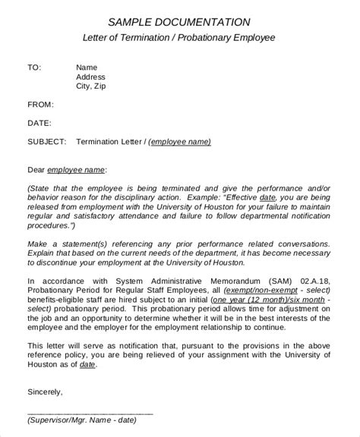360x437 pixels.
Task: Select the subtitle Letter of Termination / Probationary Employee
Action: pyautogui.click(x=178, y=38)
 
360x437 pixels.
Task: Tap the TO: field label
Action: pyautogui.click(x=34, y=67)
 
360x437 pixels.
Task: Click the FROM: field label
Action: pyautogui.click(x=40, y=104)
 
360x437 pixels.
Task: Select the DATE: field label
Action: pyautogui.click(x=39, y=122)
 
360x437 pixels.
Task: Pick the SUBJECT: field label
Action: pyautogui.click(x=47, y=141)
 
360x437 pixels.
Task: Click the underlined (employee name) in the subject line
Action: pyautogui.click(x=179, y=141)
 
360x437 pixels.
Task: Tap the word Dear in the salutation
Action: pyautogui.click(x=36, y=169)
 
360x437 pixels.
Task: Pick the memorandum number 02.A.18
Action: pyautogui.click(x=313, y=280)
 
